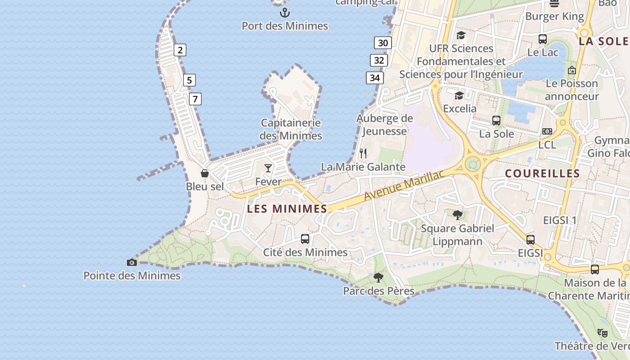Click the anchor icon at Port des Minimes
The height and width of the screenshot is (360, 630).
point(285,12)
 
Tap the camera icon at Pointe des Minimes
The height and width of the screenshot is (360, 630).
point(132,262)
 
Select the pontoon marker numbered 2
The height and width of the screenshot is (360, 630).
point(180,50)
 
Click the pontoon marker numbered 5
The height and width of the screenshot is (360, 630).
point(189,81)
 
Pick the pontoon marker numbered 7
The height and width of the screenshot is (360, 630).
point(195,99)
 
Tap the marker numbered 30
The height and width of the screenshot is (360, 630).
point(383,43)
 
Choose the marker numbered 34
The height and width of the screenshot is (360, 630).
point(375,78)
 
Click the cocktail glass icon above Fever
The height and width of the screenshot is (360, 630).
point(268,168)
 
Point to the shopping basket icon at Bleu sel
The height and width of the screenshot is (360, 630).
point(205,173)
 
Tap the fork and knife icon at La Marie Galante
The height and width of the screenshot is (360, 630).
point(364,153)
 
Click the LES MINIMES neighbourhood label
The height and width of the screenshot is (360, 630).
point(287,209)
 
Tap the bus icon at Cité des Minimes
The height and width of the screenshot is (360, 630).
point(305,239)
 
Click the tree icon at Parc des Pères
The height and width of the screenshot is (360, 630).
point(378,278)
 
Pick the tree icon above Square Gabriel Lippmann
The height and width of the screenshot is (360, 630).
point(458,215)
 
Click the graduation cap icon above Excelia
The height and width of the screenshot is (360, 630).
point(459,95)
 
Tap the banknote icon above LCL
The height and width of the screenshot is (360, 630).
point(547,131)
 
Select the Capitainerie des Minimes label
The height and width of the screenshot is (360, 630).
point(291,129)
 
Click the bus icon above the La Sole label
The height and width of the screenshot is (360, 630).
point(496,121)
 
